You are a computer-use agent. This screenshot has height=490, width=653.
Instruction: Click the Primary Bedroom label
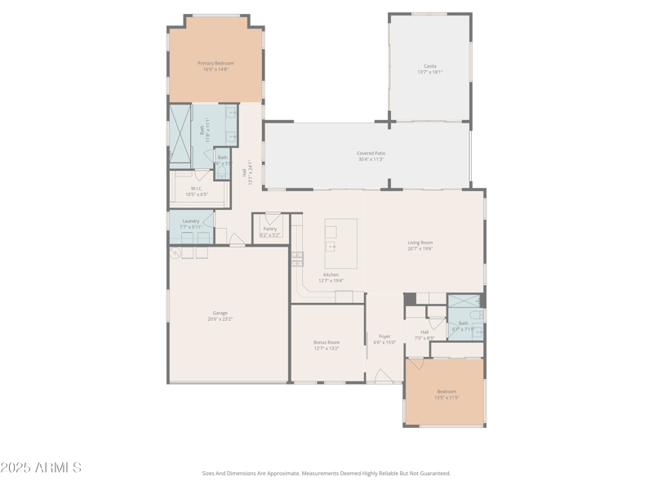[x=215, y=64]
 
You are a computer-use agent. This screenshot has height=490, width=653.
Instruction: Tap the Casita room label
[x=429, y=66]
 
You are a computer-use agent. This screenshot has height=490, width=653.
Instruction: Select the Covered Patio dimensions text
[x=371, y=159]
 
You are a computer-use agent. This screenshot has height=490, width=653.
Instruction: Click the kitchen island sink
[x=331, y=246]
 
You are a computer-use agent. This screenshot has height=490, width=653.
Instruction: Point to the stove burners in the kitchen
[x=298, y=259]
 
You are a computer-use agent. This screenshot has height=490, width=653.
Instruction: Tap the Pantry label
[x=269, y=229]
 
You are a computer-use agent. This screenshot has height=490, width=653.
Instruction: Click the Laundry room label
[x=191, y=221]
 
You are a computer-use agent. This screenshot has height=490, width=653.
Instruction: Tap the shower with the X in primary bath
[x=180, y=136]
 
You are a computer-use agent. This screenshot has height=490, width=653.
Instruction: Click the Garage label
[x=220, y=313]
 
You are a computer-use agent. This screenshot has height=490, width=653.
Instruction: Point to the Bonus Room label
[x=326, y=342]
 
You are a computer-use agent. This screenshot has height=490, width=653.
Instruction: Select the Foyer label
[x=384, y=336]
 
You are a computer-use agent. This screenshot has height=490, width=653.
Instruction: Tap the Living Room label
[x=420, y=243]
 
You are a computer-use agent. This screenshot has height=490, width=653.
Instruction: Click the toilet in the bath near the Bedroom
[x=477, y=315]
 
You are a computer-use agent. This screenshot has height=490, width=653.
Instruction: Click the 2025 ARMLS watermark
[x=41, y=468]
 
